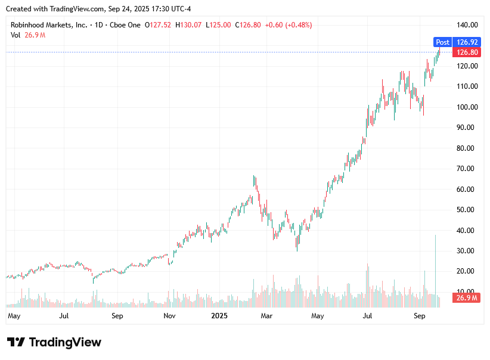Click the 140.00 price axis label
(x=467, y=25)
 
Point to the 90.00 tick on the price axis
(x=467, y=128)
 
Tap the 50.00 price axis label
(x=467, y=210)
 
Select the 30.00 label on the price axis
(x=467, y=251)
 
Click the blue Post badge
(x=442, y=42)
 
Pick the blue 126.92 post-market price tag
(x=466, y=42)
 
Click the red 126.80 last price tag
(x=466, y=52)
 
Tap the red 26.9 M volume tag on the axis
(x=466, y=298)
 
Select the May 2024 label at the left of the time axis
(x=14, y=315)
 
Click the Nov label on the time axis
(x=169, y=315)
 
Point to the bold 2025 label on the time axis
(x=220, y=315)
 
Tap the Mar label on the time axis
(x=266, y=315)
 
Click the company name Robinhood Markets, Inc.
(x=49, y=25)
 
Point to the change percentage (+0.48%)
(x=298, y=25)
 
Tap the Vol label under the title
(x=15, y=35)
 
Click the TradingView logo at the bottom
(x=54, y=342)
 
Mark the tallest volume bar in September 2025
(x=436, y=268)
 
